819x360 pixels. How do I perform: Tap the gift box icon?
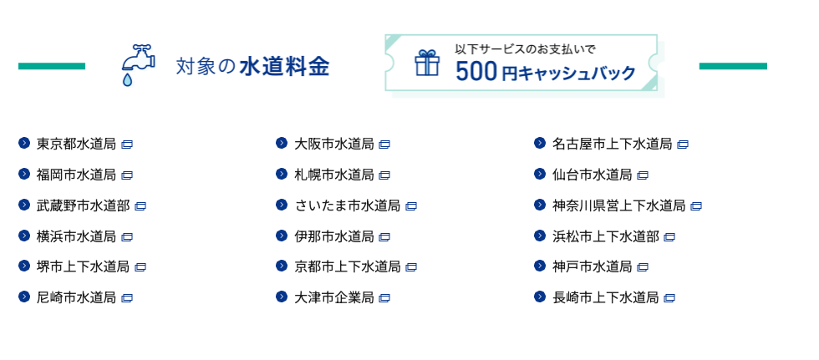click(427, 63)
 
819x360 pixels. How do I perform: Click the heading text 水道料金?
click(285, 68)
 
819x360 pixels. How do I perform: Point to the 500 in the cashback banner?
click(476, 72)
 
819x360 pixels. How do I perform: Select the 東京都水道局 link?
click(76, 144)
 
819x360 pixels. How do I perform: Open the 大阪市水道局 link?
click(334, 144)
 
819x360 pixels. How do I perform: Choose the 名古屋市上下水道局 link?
click(612, 144)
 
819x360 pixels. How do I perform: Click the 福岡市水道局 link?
click(76, 175)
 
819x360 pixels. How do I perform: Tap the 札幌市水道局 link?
click(334, 175)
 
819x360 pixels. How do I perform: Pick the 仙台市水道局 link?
click(593, 175)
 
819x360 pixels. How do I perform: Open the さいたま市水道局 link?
click(348, 205)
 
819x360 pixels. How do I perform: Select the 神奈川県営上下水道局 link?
click(619, 205)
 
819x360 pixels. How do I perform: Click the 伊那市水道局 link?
click(334, 236)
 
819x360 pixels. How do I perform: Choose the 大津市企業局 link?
click(334, 298)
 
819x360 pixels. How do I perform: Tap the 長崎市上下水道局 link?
click(606, 298)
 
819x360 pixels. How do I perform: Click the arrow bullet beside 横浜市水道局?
click(24, 236)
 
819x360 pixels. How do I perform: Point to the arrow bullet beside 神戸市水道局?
click(540, 266)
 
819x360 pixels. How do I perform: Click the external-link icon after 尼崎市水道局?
click(127, 298)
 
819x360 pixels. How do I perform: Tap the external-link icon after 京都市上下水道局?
click(411, 267)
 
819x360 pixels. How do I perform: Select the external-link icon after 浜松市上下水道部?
click(669, 237)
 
